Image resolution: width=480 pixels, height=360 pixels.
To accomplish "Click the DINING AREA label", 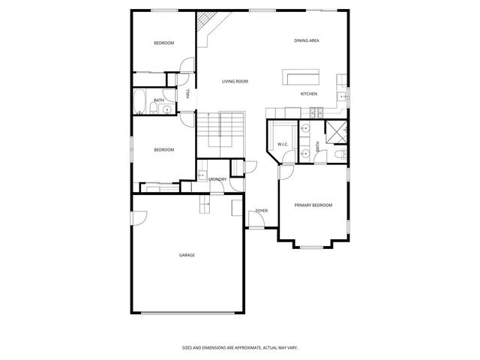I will click(307, 40).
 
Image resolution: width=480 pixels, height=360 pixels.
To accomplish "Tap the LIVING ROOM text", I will click(235, 81).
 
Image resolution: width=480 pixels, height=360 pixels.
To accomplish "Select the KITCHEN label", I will click(309, 94).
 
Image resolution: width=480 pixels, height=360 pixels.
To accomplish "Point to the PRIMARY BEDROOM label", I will click(313, 205).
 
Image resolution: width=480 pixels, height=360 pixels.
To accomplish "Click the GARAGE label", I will click(187, 255).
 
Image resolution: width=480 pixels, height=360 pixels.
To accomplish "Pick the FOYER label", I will click(261, 211).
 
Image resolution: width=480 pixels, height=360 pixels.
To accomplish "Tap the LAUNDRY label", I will click(217, 179).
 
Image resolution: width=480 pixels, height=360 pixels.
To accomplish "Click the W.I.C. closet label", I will click(283, 144).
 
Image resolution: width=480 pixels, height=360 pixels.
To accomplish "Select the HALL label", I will click(187, 94).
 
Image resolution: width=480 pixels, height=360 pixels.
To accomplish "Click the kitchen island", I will click(301, 78).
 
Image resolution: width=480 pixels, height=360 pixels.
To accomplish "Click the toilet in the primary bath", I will click(339, 154).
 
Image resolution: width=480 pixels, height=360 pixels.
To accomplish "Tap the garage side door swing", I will click(138, 217).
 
